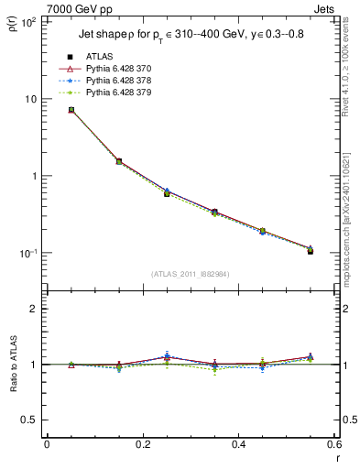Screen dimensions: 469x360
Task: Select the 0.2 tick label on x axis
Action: [x=142, y=445]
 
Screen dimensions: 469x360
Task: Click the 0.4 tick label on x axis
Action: [x=238, y=445]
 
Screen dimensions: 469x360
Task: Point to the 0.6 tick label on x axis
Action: [x=333, y=445]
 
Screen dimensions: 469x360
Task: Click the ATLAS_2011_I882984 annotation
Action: [x=191, y=274]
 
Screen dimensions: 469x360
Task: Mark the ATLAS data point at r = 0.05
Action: [x=71, y=110]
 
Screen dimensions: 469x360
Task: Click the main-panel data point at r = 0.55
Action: [x=311, y=250]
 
